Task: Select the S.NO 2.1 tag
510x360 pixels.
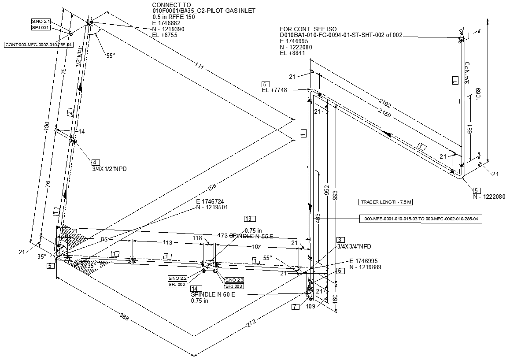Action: pos(41,21)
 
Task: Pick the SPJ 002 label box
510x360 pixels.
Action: pos(177,284)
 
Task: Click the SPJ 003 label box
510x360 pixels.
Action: pos(234,286)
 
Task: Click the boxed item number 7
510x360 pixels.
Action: pos(295,307)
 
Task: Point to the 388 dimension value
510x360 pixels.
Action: pos(124,317)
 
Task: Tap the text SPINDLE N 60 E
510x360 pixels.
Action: pos(213,294)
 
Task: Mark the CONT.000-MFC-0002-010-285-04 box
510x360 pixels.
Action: pos(39,45)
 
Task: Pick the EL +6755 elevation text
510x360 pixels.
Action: pos(165,35)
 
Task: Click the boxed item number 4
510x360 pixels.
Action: pos(96,162)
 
